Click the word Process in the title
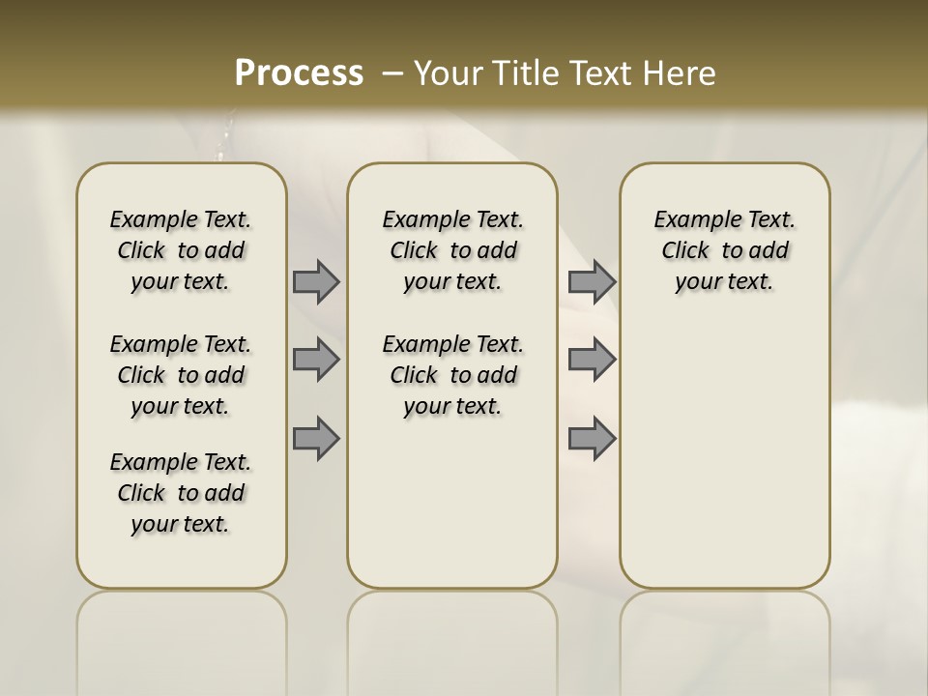[x=299, y=72]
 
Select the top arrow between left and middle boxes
[x=316, y=281]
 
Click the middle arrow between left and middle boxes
[x=316, y=360]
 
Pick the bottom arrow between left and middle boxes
[x=316, y=438]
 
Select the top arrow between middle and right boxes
[x=592, y=281]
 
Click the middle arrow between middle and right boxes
[x=592, y=360]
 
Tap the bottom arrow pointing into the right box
[x=592, y=438]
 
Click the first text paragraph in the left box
[x=181, y=250]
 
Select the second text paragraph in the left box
[x=181, y=375]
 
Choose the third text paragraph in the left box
[x=181, y=493]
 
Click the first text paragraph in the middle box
[x=452, y=250]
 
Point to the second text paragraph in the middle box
[x=452, y=375]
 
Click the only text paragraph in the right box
[x=724, y=250]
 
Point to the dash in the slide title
[x=392, y=72]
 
